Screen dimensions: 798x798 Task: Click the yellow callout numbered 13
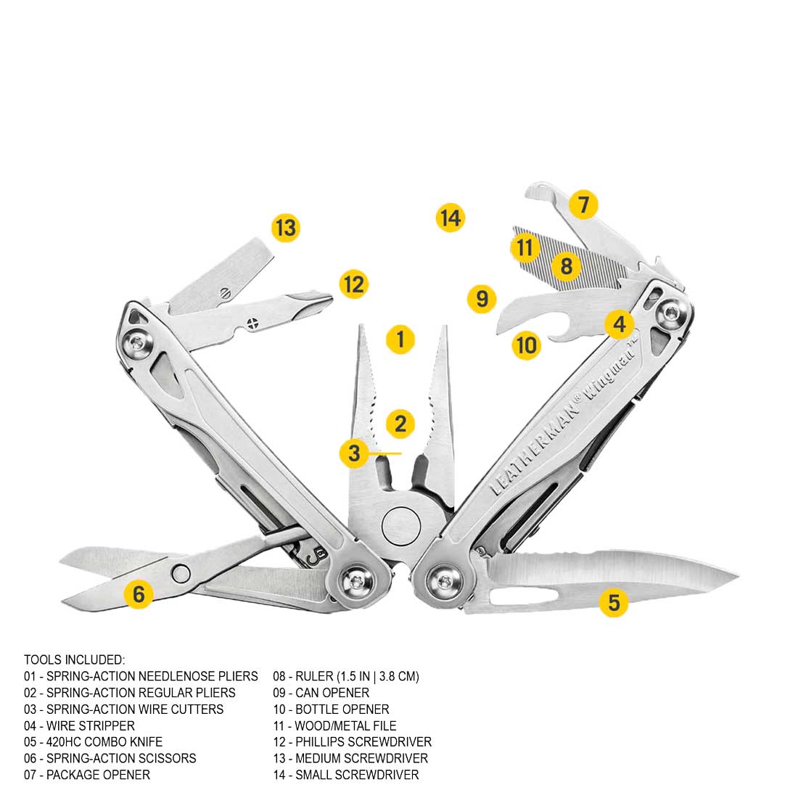(x=285, y=229)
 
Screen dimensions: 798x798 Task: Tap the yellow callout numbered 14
(x=450, y=218)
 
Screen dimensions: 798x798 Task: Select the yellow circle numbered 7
(x=583, y=205)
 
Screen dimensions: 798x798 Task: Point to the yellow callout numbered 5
(x=614, y=602)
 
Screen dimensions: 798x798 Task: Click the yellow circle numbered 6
(x=138, y=594)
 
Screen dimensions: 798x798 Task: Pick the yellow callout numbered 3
(x=353, y=453)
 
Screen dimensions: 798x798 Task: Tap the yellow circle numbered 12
(x=353, y=284)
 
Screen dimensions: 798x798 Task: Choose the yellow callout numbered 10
(x=527, y=345)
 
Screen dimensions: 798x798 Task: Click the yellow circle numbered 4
(x=619, y=324)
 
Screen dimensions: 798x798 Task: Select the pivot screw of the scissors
(x=181, y=573)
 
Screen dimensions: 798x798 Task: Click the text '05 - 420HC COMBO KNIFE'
(x=93, y=742)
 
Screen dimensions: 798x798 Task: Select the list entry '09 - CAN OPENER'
(x=321, y=693)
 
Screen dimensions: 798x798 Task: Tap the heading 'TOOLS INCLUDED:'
(x=74, y=659)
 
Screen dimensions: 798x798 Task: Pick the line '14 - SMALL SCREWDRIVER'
(x=345, y=775)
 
